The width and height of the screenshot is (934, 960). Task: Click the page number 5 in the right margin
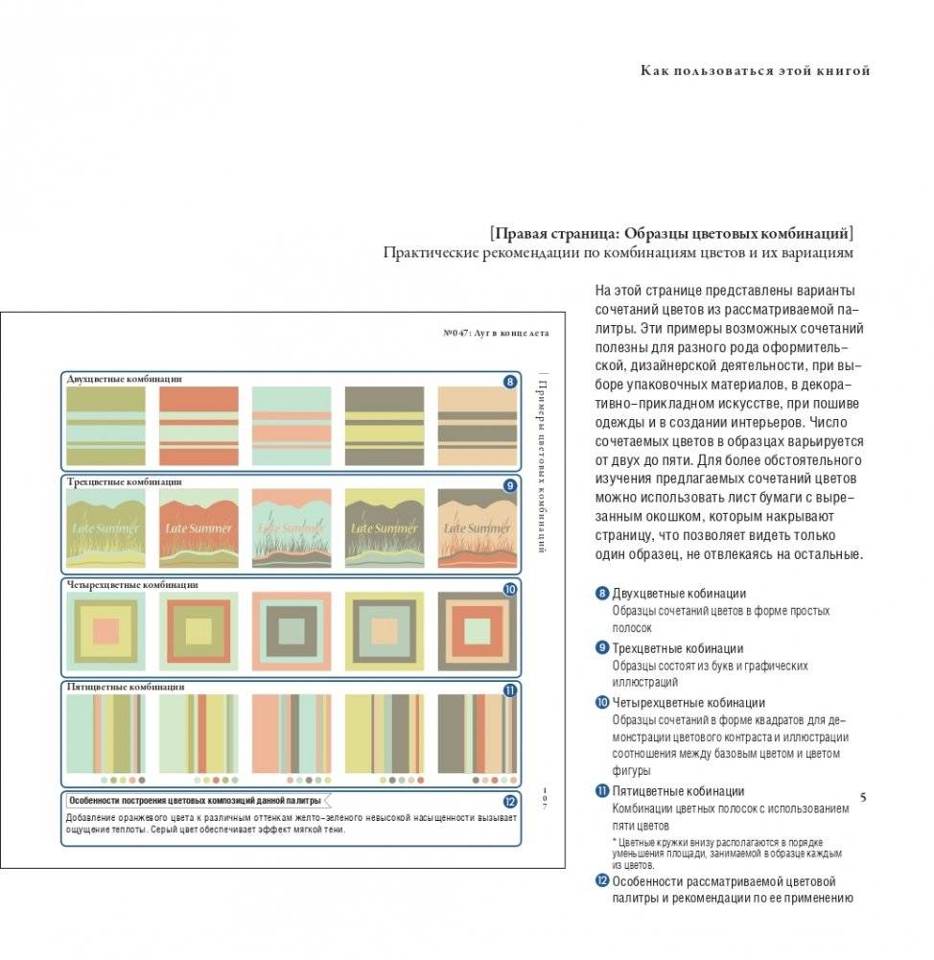(x=863, y=798)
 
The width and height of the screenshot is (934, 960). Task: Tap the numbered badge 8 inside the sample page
(x=509, y=382)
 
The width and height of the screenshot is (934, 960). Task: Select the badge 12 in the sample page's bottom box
(x=510, y=802)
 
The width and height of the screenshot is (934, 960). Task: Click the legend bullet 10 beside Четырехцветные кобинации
(x=602, y=703)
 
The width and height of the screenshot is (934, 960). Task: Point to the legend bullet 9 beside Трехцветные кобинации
(x=602, y=648)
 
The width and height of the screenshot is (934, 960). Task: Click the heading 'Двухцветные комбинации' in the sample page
(x=125, y=379)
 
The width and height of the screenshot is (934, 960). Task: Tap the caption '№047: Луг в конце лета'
(x=496, y=333)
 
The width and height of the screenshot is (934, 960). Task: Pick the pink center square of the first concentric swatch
(x=105, y=630)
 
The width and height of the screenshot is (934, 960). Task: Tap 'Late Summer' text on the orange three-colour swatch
(x=198, y=528)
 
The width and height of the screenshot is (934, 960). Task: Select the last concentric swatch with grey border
(x=477, y=630)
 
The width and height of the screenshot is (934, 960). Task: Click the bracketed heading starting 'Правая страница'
(x=671, y=233)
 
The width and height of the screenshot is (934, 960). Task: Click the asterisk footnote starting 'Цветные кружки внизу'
(x=728, y=853)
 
